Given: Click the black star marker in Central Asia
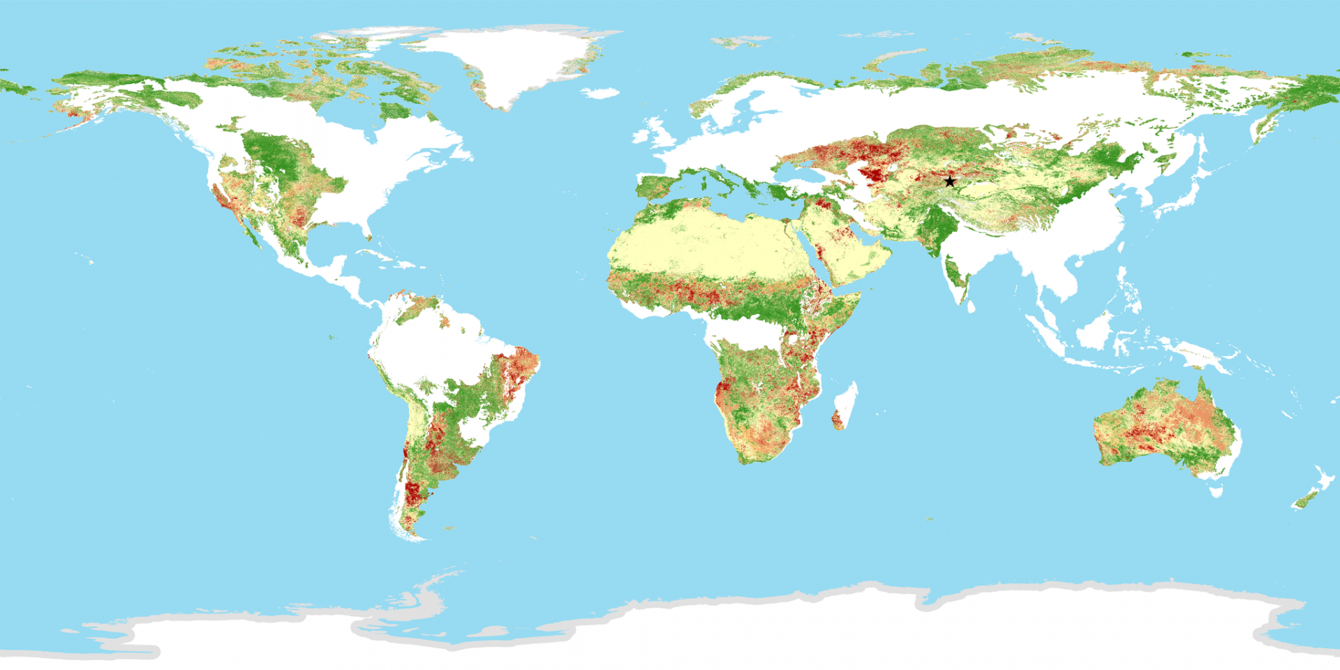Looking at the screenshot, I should (x=950, y=181).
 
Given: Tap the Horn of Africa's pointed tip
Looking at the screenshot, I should (x=859, y=294).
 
